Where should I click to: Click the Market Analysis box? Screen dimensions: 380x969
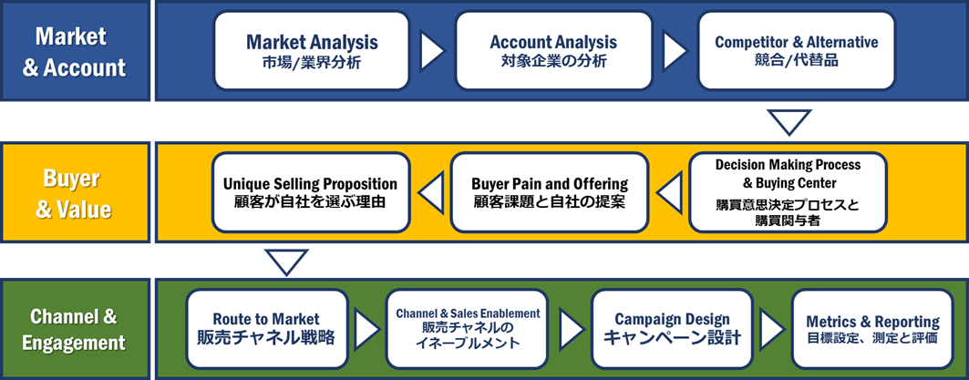[312, 51]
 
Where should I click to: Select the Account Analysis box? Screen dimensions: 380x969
[553, 51]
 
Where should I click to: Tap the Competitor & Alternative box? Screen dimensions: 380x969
[796, 51]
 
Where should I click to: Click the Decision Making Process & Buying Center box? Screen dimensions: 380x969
[788, 191]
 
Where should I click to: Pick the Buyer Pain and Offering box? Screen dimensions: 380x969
[550, 191]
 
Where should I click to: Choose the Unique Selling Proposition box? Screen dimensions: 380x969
[311, 191]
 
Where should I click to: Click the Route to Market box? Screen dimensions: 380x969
[266, 329]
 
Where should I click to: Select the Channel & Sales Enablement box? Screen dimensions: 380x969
[468, 329]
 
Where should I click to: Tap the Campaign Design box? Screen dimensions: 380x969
[672, 329]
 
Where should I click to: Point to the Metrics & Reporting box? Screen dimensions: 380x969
[872, 329]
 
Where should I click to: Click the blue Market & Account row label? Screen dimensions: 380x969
[75, 51]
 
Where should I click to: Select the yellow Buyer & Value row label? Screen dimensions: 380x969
[75, 191]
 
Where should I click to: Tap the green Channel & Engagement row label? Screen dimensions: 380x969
[75, 329]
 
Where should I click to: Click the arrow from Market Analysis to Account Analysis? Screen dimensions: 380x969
[432, 51]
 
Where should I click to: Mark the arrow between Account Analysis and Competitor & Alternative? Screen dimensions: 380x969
[675, 51]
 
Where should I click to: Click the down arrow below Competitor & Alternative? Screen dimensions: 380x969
[789, 122]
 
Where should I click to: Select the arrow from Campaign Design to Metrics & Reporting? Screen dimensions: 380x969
[772, 329]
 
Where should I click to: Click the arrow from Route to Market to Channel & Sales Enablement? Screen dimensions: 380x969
[366, 329]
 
